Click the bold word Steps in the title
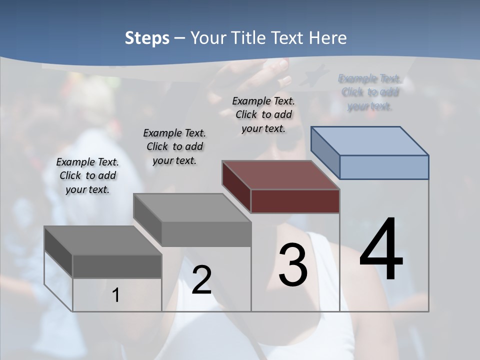click(147, 38)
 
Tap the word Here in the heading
click(328, 38)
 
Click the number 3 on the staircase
click(293, 265)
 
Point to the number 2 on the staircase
click(201, 280)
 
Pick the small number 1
click(116, 295)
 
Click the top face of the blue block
click(370, 140)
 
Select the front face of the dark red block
click(295, 201)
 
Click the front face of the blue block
click(384, 167)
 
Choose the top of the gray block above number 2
click(192, 207)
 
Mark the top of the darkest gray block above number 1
click(103, 240)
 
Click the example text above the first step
click(87, 176)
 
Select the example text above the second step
click(174, 146)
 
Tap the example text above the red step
click(263, 114)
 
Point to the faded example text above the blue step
click(369, 92)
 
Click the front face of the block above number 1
click(117, 266)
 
